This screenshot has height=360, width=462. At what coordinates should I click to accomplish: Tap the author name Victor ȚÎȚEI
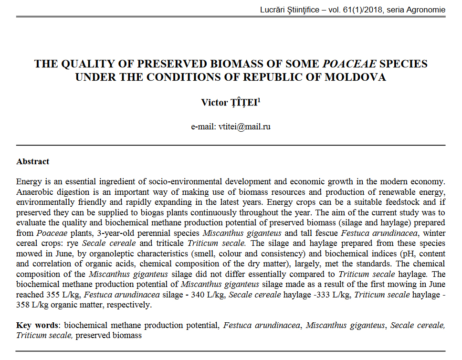point(229,103)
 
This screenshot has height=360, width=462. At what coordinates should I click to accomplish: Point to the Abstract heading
point(32,161)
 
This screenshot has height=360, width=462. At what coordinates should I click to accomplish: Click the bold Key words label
point(37,326)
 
